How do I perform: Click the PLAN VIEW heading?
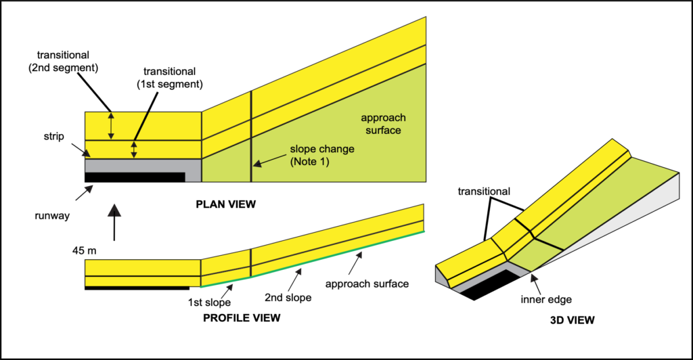click(x=225, y=204)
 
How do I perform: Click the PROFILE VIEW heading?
click(x=242, y=317)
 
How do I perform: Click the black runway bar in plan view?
click(x=135, y=177)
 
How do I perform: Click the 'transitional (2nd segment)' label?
click(x=66, y=60)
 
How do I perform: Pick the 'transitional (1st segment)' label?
click(x=175, y=77)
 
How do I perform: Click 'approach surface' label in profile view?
click(x=367, y=284)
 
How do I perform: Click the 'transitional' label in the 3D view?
click(x=485, y=191)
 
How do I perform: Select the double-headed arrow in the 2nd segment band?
click(x=112, y=127)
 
